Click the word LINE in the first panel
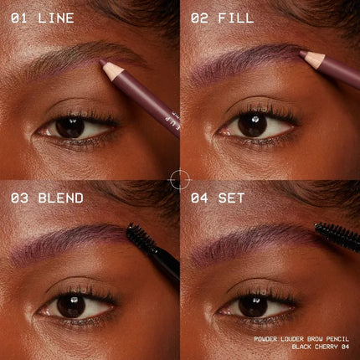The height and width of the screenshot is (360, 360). pos(56,18)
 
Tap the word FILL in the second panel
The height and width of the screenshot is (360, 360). pos(236,18)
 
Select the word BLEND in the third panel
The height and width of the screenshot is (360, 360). pos(61,198)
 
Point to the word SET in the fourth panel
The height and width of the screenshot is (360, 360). pos(231,198)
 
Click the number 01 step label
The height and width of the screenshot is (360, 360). pos(19,18)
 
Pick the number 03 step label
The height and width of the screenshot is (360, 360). pos(19,198)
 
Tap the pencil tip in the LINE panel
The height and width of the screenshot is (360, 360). pos(101,61)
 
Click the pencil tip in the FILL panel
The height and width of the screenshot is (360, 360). pos(302,53)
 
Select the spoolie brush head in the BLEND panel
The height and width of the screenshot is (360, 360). pos(141,238)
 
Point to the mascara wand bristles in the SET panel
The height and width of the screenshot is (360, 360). pos(337,236)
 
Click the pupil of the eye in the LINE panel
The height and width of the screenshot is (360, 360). pos(70,127)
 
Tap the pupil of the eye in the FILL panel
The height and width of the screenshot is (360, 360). pos(253,126)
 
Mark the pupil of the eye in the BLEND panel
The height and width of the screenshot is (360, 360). pos(71,306)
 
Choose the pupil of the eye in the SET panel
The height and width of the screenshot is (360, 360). pos(253,306)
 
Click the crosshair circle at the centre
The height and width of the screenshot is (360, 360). pos(180,179)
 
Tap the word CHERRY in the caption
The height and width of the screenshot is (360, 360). pos(327,347)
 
